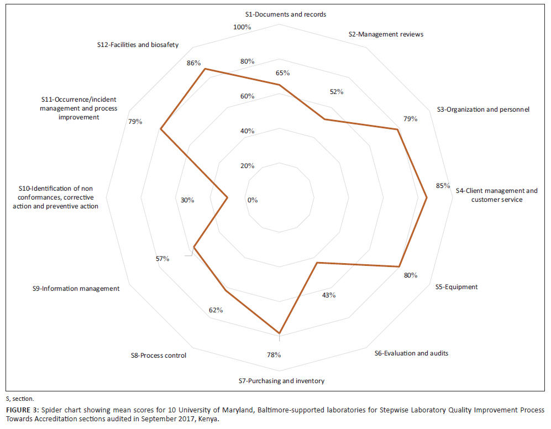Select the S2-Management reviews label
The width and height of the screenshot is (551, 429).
[x=386, y=34]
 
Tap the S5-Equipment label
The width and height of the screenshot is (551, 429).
[x=456, y=287]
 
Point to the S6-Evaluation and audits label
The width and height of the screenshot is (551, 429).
[x=411, y=353]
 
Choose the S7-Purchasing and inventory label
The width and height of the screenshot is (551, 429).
[x=281, y=381]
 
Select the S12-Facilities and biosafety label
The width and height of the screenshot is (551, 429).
[x=138, y=45]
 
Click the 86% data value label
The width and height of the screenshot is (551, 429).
[x=193, y=63]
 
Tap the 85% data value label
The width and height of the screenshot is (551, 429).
[x=443, y=186]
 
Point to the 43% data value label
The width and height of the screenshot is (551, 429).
[x=329, y=295]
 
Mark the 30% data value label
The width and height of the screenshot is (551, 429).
[x=187, y=200]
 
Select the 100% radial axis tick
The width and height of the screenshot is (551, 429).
[x=242, y=27]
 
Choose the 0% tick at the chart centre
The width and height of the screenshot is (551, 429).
[x=253, y=200]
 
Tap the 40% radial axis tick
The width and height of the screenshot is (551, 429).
[x=247, y=131]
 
